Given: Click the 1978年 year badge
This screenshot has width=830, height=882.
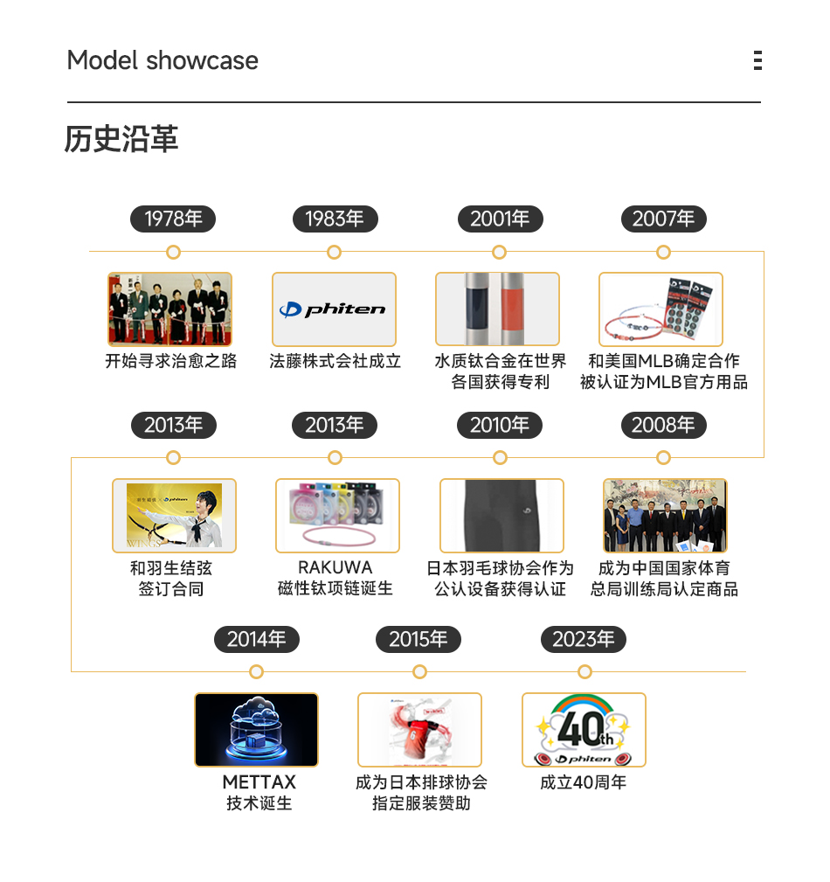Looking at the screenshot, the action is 173,219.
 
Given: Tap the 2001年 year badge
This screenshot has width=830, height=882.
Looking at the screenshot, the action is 500,219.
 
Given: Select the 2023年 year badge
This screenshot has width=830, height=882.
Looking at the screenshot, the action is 584,639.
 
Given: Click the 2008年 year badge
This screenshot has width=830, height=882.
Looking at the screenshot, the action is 663,426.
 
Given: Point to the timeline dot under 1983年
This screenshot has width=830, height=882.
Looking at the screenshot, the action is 334,253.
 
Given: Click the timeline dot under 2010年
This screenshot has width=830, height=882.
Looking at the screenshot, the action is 500,458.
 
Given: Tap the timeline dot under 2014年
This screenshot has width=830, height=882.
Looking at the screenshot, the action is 256,671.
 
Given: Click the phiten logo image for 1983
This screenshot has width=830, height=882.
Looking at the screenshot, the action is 334,309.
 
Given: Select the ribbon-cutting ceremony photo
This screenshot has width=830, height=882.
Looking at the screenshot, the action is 170,309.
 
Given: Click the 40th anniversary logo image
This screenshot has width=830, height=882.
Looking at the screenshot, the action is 584,730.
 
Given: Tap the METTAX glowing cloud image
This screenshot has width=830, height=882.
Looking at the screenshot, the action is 256,730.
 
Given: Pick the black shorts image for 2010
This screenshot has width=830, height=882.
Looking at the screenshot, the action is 501,516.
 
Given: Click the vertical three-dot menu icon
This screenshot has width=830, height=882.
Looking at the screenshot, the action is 757,60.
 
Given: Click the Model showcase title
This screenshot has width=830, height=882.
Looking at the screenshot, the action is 163,60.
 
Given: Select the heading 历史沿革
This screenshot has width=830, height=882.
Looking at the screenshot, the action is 121,139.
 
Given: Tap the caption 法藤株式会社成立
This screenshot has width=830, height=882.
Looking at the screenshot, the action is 335,361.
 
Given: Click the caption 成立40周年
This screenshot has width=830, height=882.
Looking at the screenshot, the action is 583,782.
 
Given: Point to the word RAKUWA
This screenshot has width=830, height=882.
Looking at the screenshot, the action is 335,567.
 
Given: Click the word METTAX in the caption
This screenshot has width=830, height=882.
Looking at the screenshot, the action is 259,781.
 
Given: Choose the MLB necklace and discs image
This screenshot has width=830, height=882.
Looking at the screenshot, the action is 661,309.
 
